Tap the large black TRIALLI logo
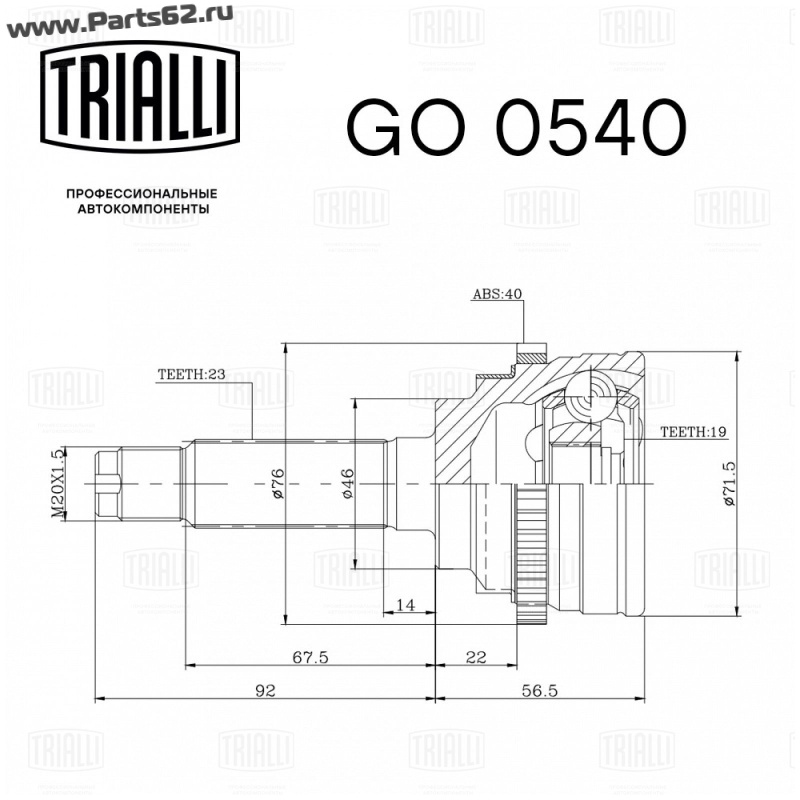point(139,97)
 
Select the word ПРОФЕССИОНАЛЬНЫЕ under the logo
point(142,194)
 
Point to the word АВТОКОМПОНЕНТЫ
point(143,209)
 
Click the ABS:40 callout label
point(497,294)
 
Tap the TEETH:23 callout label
point(191,374)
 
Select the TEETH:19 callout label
point(693,432)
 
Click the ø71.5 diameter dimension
point(729,483)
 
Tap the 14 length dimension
point(406,605)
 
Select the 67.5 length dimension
point(310,657)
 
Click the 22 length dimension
point(476,657)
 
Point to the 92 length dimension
point(265,690)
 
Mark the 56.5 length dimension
point(540,690)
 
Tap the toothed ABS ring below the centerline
point(531,555)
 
